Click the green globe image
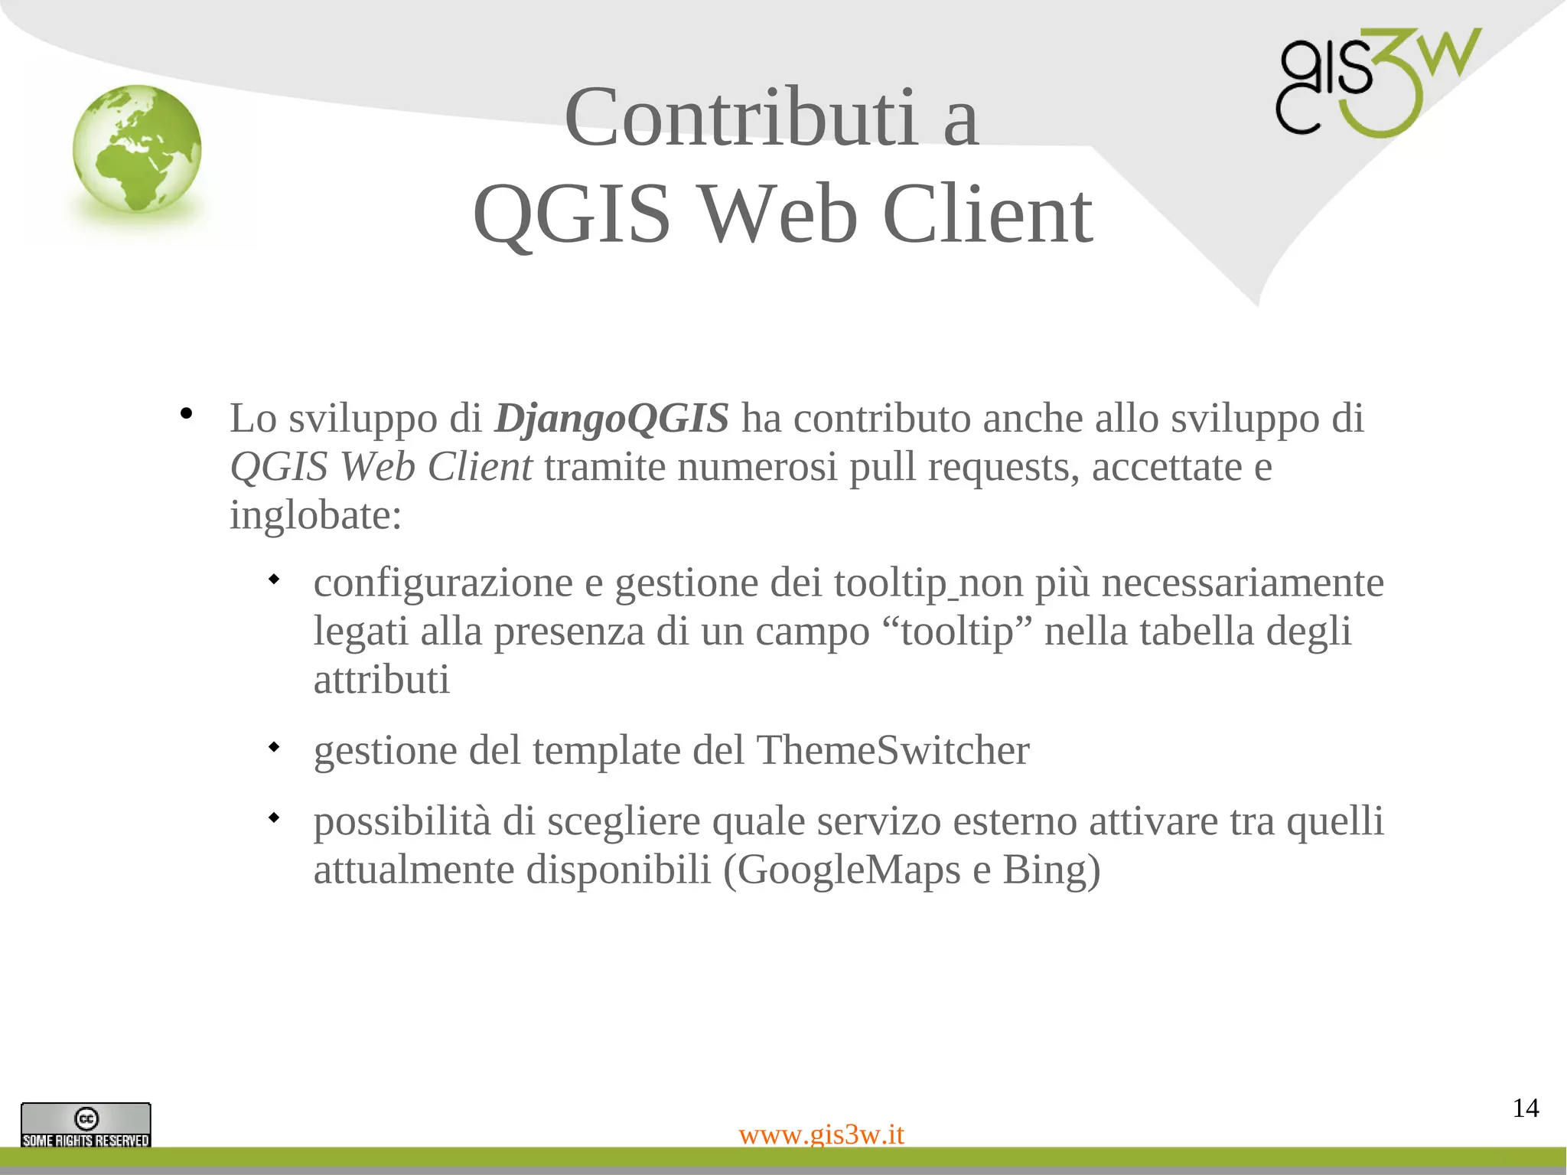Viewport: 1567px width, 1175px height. click(x=137, y=149)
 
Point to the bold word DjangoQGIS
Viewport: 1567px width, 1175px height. click(x=611, y=419)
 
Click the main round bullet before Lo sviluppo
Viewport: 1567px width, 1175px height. click(x=186, y=414)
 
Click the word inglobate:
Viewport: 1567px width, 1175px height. click(x=315, y=515)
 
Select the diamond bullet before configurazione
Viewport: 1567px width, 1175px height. click(x=273, y=579)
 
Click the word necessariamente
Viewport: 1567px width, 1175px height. click(x=1243, y=583)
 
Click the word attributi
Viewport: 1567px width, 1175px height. click(x=381, y=680)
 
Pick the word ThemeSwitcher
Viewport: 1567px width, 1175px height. click(x=892, y=750)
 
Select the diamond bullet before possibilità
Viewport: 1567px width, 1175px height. click(x=273, y=818)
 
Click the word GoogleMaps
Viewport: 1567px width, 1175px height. click(x=849, y=870)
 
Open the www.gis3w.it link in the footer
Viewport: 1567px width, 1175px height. click(x=821, y=1134)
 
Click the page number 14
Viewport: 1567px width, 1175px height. click(x=1525, y=1108)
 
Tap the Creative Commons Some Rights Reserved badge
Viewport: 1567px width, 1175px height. click(x=86, y=1124)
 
